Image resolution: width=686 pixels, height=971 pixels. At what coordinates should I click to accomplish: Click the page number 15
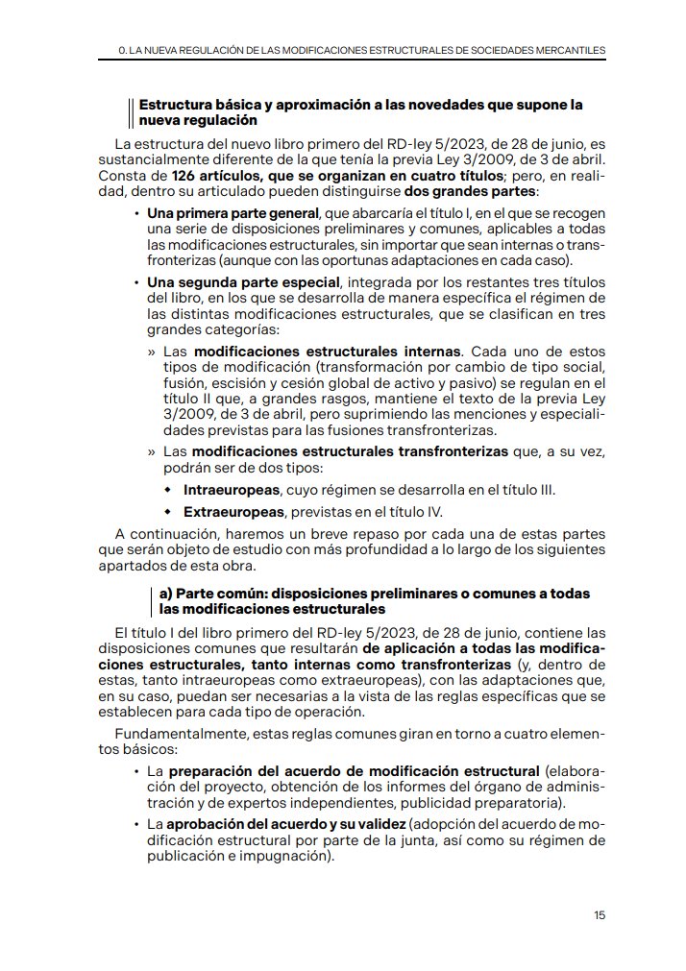pos(600,914)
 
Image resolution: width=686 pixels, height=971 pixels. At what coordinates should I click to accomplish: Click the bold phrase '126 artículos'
pos(213,177)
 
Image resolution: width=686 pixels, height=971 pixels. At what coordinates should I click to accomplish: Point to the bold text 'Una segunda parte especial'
pos(243,282)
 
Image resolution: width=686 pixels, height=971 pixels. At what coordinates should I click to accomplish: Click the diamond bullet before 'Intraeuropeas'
pos(168,490)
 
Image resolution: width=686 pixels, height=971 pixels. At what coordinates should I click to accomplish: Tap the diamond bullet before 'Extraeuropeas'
pos(168,511)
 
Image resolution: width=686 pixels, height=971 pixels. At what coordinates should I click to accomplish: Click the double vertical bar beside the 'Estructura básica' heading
pos(131,112)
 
